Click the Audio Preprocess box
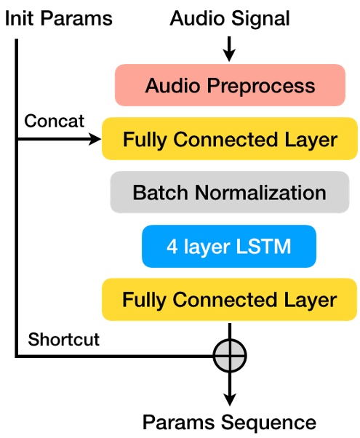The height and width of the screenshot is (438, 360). point(229,85)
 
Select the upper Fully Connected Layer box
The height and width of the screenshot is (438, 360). point(229,139)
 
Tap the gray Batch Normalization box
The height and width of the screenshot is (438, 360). point(229,193)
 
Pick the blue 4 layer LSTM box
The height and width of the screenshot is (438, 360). point(229,247)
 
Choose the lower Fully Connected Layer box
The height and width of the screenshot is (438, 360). point(229,300)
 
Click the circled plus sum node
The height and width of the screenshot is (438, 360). point(230,356)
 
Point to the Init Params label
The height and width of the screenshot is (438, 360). point(59,18)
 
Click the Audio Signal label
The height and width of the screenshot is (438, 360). point(229,18)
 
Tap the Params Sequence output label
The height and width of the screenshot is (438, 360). point(229,422)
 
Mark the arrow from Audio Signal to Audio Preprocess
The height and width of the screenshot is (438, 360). point(229,49)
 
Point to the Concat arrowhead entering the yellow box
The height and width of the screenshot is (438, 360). point(95,139)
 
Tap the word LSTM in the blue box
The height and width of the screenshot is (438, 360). point(265,247)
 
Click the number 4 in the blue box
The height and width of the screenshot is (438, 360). point(172,247)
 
